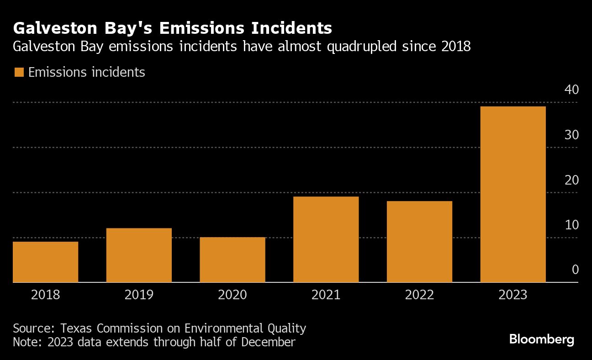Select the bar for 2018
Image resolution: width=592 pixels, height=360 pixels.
(46, 262)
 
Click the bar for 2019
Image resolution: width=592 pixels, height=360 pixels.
(139, 255)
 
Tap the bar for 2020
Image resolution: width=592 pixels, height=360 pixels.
(233, 259)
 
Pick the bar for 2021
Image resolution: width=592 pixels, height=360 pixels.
(326, 239)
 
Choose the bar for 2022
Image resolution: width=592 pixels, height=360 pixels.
(419, 242)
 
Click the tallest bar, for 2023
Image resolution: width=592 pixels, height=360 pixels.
(513, 194)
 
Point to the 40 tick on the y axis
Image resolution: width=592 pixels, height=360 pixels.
(571, 90)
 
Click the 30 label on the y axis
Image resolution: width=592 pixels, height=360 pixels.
(571, 135)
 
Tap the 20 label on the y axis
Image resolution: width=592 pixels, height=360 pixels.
(571, 180)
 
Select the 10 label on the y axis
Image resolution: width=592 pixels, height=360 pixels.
(571, 225)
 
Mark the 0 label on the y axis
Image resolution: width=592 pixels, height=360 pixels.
(575, 270)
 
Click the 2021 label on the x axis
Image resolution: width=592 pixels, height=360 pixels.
(326, 295)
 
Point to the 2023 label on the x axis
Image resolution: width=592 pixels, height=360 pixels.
(513, 295)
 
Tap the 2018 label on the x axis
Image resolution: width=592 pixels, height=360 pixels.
(46, 295)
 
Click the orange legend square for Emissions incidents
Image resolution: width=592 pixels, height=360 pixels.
(19, 72)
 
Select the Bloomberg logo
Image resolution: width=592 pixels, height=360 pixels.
(541, 339)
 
